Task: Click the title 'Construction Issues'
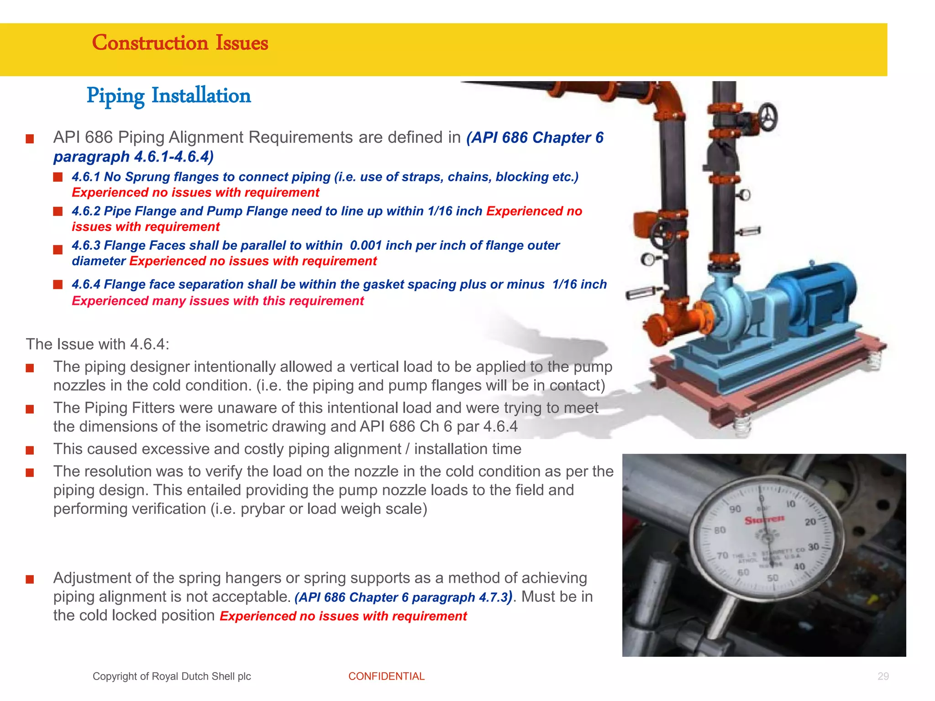[x=180, y=43]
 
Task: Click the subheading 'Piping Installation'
[x=168, y=96]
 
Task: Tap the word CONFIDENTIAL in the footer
[x=386, y=676]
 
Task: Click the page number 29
[x=883, y=676]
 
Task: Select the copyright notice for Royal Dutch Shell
[x=172, y=676]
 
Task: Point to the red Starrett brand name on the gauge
[x=764, y=519]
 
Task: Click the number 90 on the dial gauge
[x=735, y=509]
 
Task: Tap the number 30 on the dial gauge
[x=814, y=547]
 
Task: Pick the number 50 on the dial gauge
[x=772, y=578]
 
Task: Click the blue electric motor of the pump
[x=822, y=297]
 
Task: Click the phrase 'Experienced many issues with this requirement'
[x=218, y=301]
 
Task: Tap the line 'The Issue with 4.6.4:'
[x=97, y=344]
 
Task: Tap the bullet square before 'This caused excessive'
[x=30, y=450]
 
